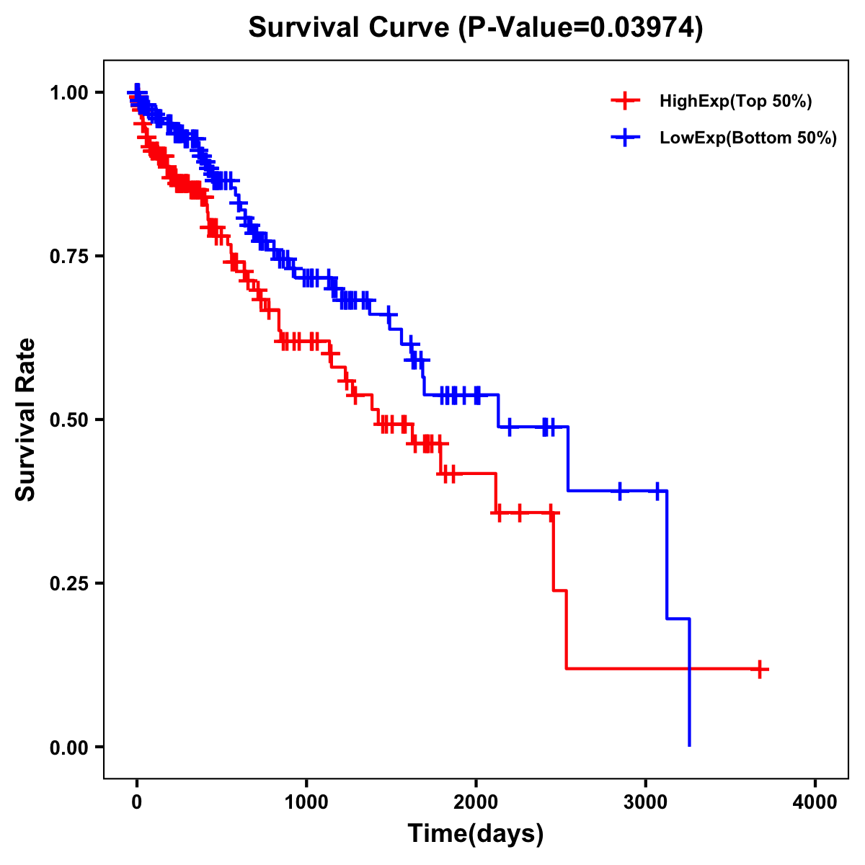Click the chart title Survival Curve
click(x=351, y=28)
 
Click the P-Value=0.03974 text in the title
click(x=582, y=28)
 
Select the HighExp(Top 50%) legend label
click(x=736, y=102)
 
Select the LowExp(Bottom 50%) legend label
click(x=748, y=138)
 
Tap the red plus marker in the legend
click(x=625, y=102)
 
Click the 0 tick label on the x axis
click(x=137, y=802)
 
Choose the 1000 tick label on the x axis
click(x=306, y=802)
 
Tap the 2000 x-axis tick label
click(x=476, y=802)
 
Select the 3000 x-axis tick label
click(x=646, y=802)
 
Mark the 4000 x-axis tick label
click(x=815, y=802)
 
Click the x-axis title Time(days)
click(x=476, y=834)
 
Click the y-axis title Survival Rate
click(x=27, y=420)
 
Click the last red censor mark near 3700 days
click(x=760, y=669)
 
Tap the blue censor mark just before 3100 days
click(x=657, y=491)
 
